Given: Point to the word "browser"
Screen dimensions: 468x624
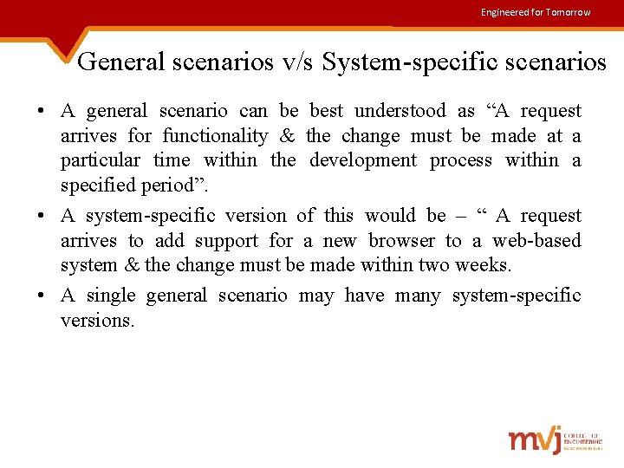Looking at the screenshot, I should point(401,241).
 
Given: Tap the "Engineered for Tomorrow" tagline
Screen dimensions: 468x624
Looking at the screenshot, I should point(536,12).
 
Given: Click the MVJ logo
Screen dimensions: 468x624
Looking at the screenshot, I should point(555,440).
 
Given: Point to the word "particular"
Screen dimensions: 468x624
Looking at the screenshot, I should point(100,160).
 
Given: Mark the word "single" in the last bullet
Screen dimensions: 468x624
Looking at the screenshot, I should point(111,296).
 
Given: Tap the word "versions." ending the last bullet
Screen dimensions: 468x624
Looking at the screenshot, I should point(98,321).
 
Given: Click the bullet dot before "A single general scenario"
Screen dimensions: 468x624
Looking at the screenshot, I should point(41,296).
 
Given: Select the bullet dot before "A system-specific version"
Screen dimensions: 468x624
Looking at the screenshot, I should point(41,216).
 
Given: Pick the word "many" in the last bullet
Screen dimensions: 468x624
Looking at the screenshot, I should point(417,296).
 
